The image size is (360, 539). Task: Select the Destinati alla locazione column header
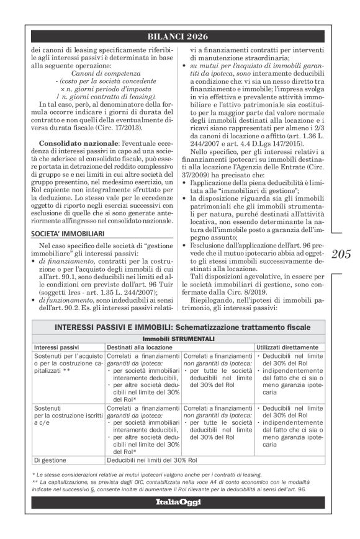coord(140,347)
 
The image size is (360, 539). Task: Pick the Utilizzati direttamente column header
coord(287,347)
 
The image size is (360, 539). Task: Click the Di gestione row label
coord(50,459)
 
